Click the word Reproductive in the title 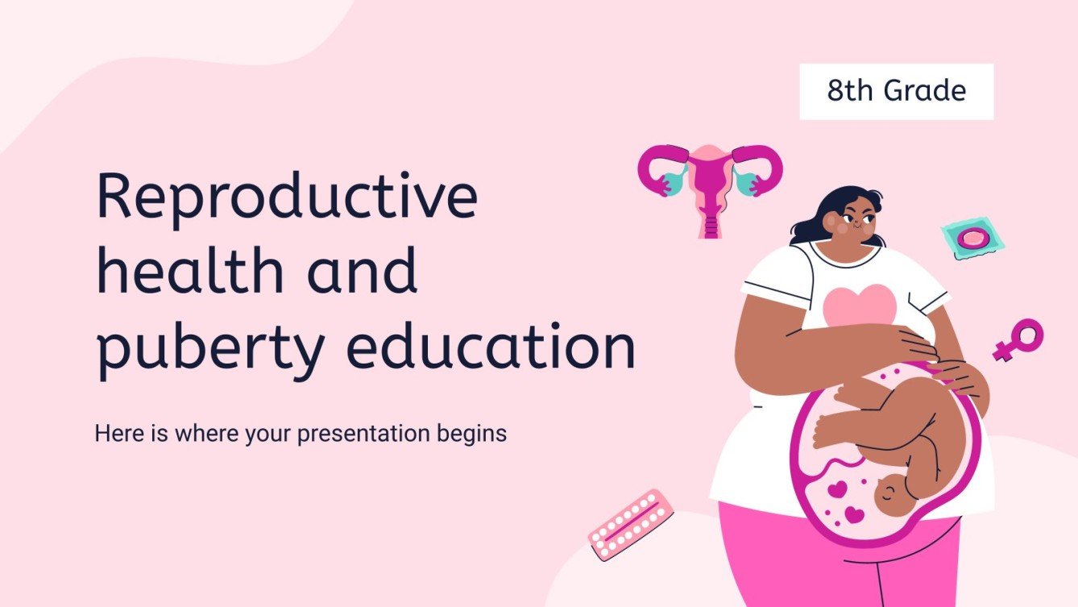coord(287,197)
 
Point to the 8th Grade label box coord(896,92)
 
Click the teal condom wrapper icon coord(972,238)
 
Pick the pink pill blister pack coord(629,524)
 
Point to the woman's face coord(856,222)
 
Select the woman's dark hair coord(830,206)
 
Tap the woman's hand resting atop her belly coord(906,345)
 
